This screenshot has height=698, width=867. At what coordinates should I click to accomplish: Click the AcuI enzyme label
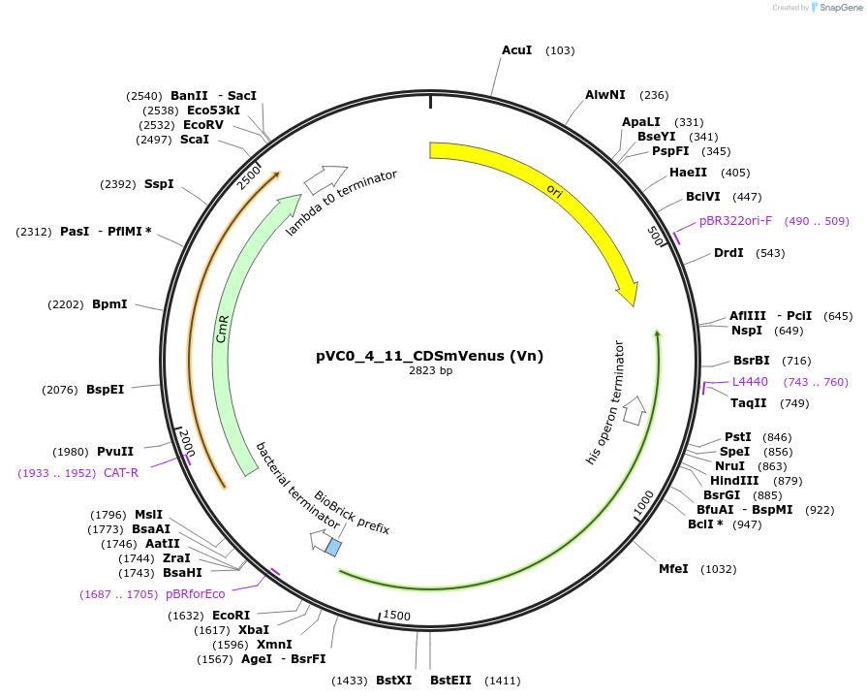pyautogui.click(x=516, y=49)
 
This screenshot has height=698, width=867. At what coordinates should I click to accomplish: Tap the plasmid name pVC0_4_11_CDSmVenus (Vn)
pyautogui.click(x=429, y=356)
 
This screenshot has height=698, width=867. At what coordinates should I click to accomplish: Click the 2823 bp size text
pyautogui.click(x=430, y=371)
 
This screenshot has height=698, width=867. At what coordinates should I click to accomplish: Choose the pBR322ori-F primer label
pyautogui.click(x=735, y=221)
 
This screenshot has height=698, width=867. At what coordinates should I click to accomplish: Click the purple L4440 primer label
pyautogui.click(x=749, y=382)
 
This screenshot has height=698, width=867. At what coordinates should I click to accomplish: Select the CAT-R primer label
pyautogui.click(x=121, y=472)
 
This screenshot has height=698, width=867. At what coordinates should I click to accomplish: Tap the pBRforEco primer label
pyautogui.click(x=195, y=594)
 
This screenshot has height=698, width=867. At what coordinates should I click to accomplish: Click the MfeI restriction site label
pyautogui.click(x=673, y=569)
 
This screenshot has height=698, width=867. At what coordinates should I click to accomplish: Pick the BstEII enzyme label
pyautogui.click(x=450, y=681)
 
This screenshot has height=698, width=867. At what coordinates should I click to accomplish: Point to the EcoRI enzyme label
pyautogui.click(x=231, y=616)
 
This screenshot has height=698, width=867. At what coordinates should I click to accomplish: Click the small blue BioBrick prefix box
pyautogui.click(x=332, y=547)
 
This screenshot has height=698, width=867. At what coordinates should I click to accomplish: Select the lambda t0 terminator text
pyautogui.click(x=341, y=203)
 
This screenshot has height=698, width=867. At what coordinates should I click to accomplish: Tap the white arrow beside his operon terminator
pyautogui.click(x=635, y=410)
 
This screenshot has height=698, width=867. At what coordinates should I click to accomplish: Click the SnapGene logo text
pyautogui.click(x=839, y=8)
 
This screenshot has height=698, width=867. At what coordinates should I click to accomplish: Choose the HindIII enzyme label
pyautogui.click(x=734, y=481)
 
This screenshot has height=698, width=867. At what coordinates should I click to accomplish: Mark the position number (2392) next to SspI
pyautogui.click(x=117, y=184)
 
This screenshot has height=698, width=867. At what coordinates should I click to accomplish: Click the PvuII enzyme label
pyautogui.click(x=115, y=451)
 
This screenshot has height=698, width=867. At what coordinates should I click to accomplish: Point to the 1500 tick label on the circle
pyautogui.click(x=397, y=616)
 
